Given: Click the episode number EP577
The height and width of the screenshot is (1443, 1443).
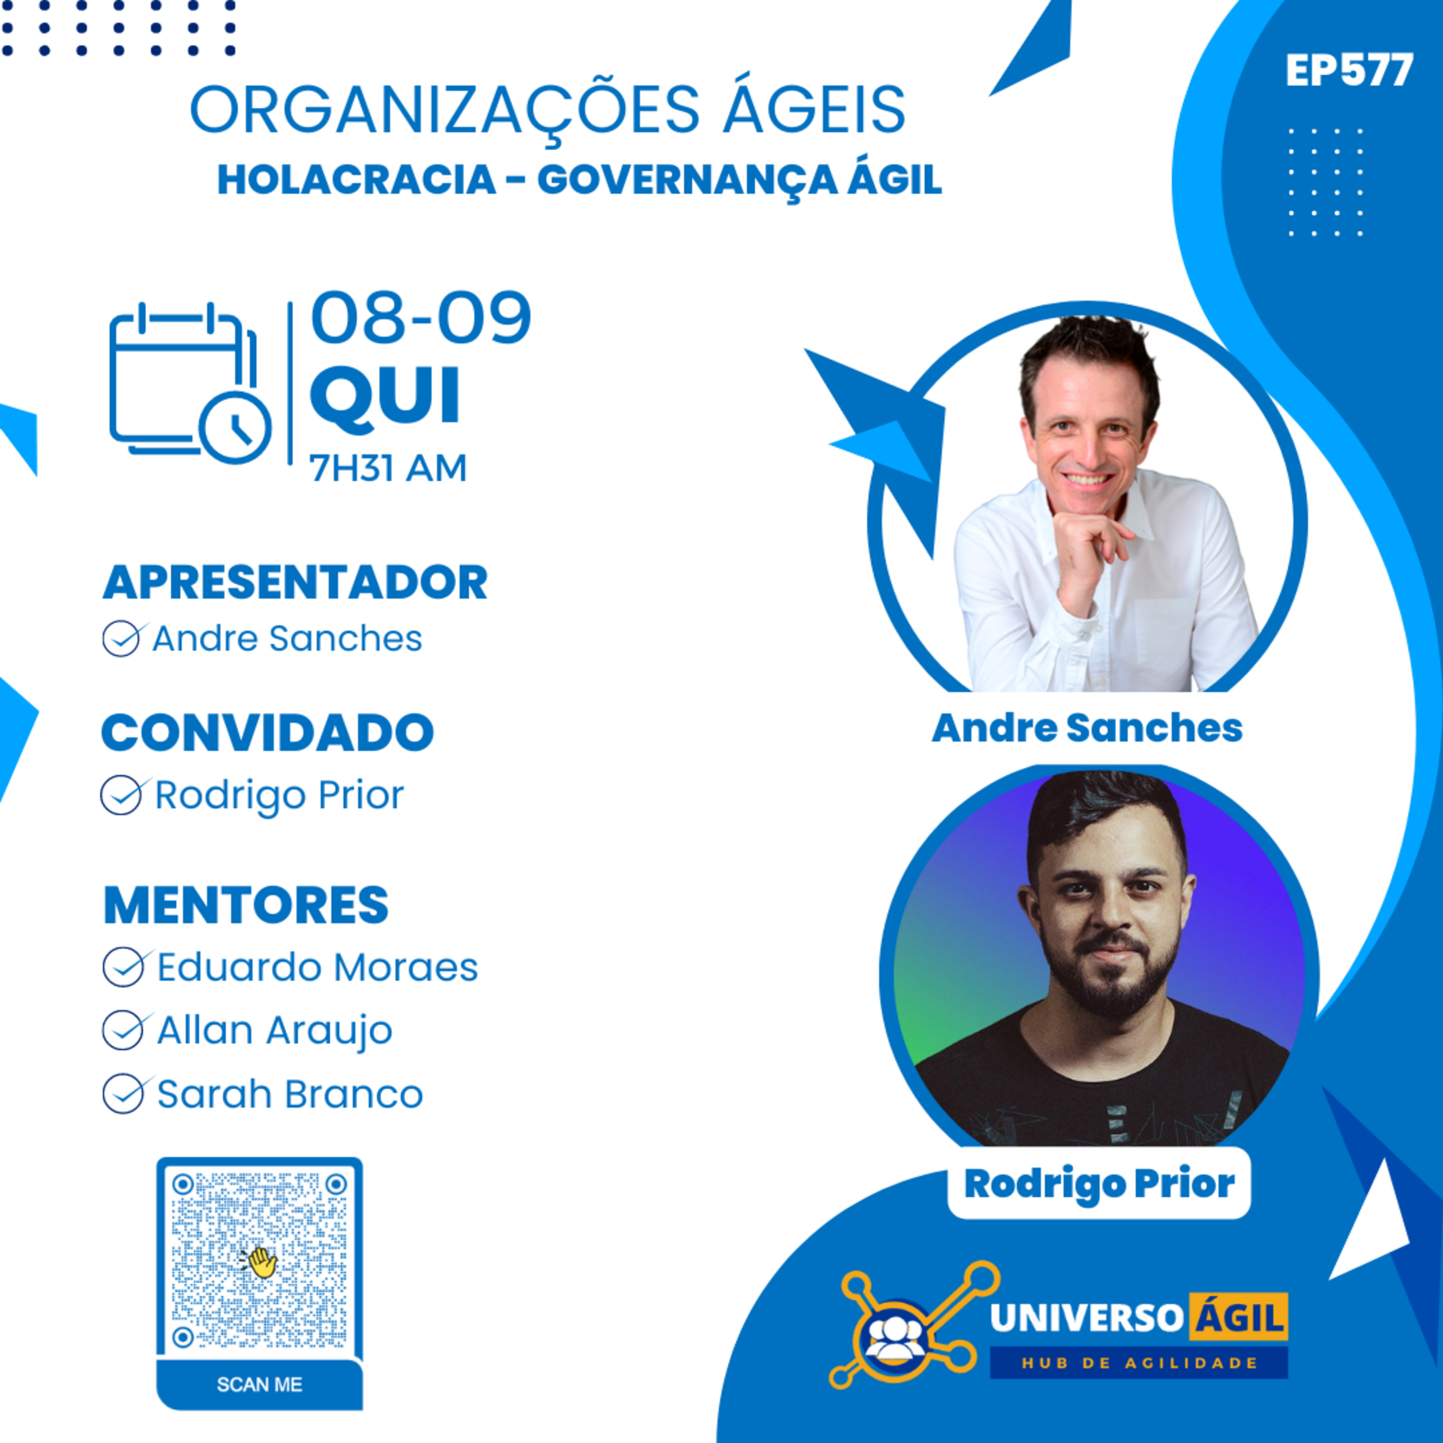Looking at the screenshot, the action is pyautogui.click(x=1349, y=71).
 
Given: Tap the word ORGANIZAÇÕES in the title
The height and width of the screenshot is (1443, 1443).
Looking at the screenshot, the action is pyautogui.click(x=445, y=110).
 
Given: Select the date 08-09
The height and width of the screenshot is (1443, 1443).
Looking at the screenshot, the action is pyautogui.click(x=420, y=317).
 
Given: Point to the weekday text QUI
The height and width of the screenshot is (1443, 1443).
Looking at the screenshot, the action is pyautogui.click(x=385, y=396).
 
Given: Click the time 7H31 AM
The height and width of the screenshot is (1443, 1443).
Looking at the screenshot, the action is pyautogui.click(x=388, y=468).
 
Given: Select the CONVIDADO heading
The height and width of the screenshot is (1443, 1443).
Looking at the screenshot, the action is pyautogui.click(x=267, y=732).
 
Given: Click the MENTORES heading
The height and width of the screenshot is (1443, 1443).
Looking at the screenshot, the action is pyautogui.click(x=246, y=905).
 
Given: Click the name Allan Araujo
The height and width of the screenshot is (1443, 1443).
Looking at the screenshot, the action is pyautogui.click(x=274, y=1031).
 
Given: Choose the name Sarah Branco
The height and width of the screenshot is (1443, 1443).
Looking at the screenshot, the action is pyautogui.click(x=290, y=1094).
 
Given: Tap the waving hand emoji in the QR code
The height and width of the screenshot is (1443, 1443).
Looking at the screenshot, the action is pyautogui.click(x=259, y=1262).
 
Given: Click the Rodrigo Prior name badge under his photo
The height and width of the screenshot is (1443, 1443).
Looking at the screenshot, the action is pyautogui.click(x=1099, y=1183).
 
